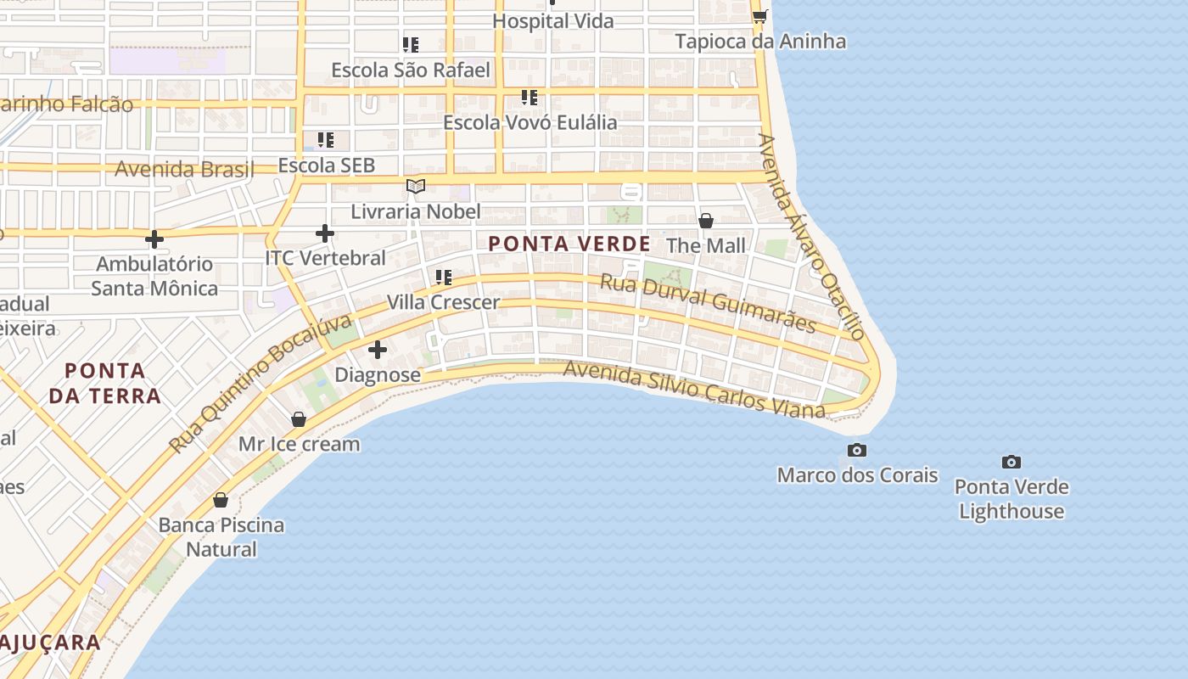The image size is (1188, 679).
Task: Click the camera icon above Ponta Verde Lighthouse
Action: point(1011,463)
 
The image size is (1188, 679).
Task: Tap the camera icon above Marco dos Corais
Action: point(857,450)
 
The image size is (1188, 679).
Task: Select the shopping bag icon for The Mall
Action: point(705,221)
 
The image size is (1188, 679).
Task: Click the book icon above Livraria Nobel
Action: point(415,186)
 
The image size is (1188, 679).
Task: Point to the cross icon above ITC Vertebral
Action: point(324,233)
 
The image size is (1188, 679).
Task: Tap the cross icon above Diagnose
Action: point(378,350)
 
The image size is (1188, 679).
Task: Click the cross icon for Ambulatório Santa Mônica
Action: point(154,239)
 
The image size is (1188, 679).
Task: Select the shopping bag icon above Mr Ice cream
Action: point(299,419)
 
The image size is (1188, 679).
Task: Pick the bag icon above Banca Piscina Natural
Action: point(221,500)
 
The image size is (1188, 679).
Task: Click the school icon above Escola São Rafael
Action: point(411,44)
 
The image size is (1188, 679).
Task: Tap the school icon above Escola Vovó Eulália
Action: point(530,97)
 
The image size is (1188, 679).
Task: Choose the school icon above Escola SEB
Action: point(326,139)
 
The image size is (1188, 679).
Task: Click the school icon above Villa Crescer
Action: point(443,277)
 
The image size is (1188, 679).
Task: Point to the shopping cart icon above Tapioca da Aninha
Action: point(759,16)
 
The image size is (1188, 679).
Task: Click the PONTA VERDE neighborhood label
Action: point(569,244)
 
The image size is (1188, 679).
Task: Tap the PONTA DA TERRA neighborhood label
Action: point(105,383)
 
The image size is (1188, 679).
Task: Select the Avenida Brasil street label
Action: point(184,169)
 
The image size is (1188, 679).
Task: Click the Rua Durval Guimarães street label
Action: point(709,303)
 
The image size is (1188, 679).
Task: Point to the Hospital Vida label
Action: point(553,21)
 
